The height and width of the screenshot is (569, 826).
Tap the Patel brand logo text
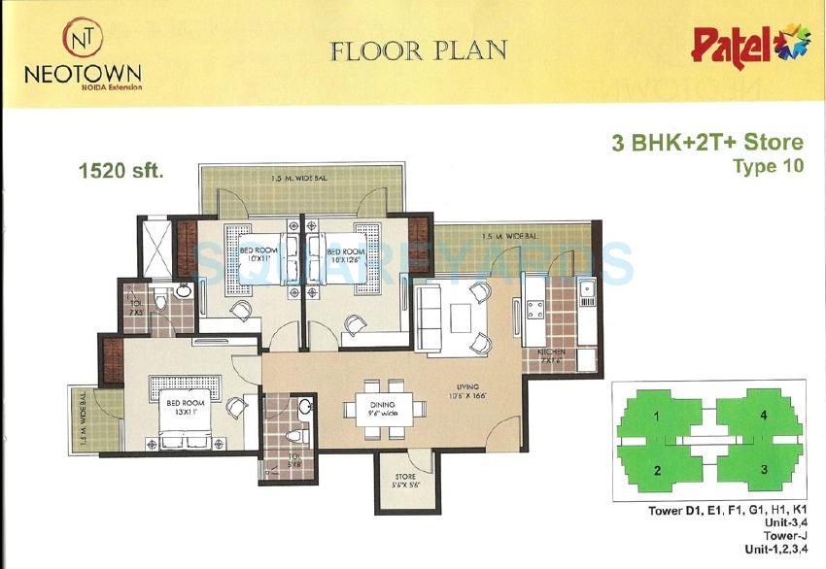click(724, 46)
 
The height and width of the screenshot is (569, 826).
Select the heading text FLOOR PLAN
click(418, 50)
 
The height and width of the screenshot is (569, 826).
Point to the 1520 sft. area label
click(120, 172)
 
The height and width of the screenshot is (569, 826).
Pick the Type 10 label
click(768, 167)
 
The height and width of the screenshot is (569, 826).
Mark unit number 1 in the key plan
click(658, 417)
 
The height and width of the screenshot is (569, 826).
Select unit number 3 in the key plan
click(764, 470)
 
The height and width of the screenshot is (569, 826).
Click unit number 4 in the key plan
click(764, 417)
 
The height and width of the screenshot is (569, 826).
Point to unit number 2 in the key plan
click(658, 471)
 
